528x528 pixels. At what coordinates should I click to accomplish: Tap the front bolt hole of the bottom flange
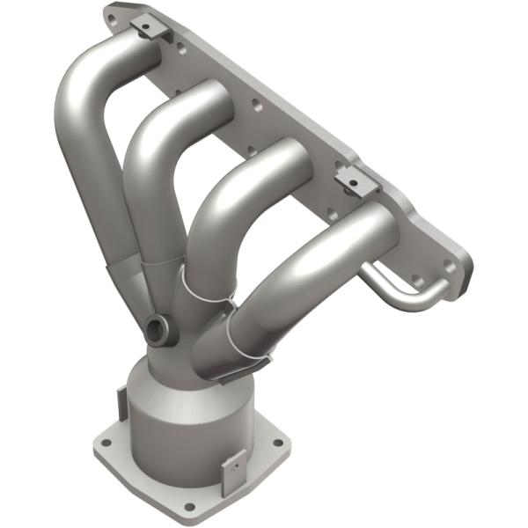click(187, 507)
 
